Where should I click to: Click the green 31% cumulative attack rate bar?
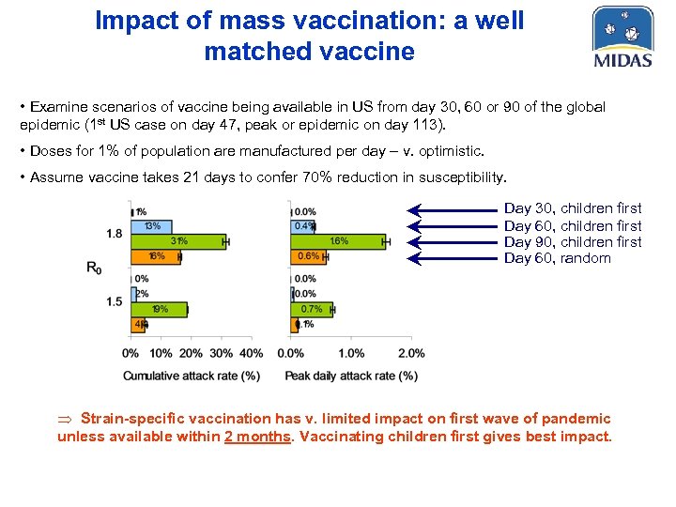178,241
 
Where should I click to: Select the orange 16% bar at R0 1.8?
155,256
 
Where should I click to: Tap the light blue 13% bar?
150,226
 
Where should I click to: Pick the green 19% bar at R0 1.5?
159,309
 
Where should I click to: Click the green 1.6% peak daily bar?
338,241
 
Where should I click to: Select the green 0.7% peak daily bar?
311,309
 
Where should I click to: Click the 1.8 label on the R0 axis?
114,234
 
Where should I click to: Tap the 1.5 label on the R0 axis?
114,301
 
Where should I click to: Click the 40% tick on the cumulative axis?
252,353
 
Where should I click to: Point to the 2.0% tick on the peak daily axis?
411,353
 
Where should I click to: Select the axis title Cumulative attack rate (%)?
192,376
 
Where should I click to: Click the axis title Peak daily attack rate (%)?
351,376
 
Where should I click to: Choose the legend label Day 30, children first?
573,208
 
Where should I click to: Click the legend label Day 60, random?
558,258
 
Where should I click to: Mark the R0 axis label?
94,269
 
